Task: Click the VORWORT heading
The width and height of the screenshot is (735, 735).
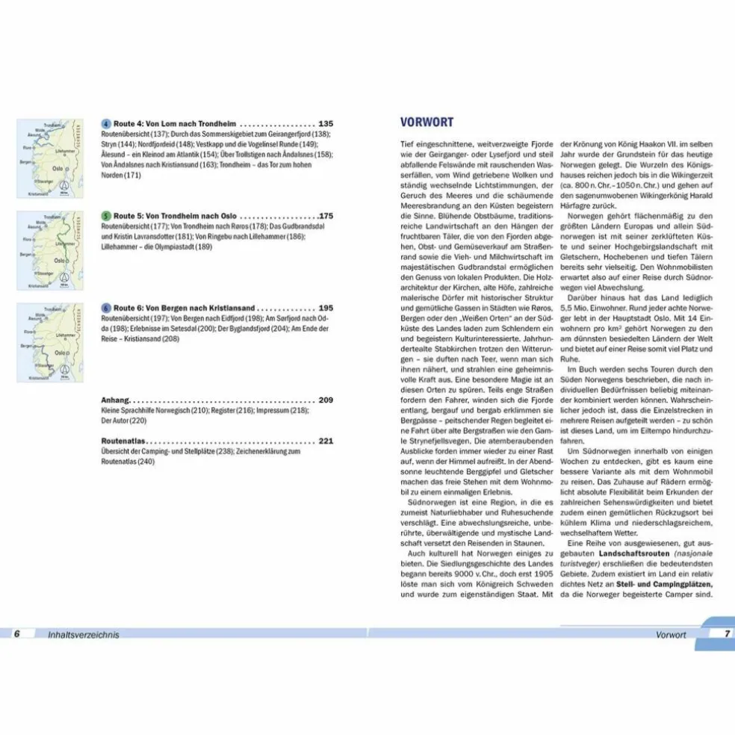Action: click(x=427, y=122)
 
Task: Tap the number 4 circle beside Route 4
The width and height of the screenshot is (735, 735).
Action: click(x=106, y=124)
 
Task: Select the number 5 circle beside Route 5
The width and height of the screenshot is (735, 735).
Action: click(x=106, y=215)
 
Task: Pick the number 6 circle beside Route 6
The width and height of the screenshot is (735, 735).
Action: click(x=106, y=307)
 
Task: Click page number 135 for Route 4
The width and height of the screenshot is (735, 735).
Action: click(x=326, y=124)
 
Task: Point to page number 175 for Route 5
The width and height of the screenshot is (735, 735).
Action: click(x=326, y=215)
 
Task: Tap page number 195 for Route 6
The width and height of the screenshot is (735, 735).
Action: click(x=326, y=307)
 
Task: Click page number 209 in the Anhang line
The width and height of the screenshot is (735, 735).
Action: click(x=326, y=400)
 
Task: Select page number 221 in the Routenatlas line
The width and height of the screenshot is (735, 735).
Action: click(x=326, y=441)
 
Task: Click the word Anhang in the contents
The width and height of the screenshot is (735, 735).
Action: click(x=116, y=400)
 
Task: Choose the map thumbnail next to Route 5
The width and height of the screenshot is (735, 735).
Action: click(x=49, y=250)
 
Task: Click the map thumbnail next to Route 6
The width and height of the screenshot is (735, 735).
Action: click(x=49, y=342)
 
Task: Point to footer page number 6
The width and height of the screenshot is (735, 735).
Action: click(x=16, y=634)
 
